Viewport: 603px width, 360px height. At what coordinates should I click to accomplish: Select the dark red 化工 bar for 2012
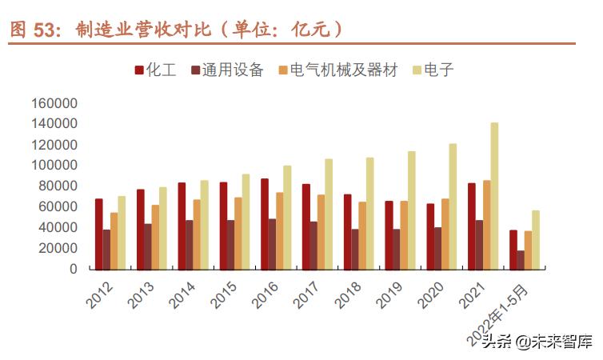point(99,234)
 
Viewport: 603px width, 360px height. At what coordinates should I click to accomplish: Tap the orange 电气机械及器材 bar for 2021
point(486,225)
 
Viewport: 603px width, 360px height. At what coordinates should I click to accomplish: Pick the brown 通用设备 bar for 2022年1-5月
point(521,260)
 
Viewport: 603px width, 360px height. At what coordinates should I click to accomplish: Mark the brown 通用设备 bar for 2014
point(190,245)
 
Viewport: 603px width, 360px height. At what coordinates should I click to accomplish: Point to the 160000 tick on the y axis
point(54,103)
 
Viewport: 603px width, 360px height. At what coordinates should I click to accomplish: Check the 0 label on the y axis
point(74,269)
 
